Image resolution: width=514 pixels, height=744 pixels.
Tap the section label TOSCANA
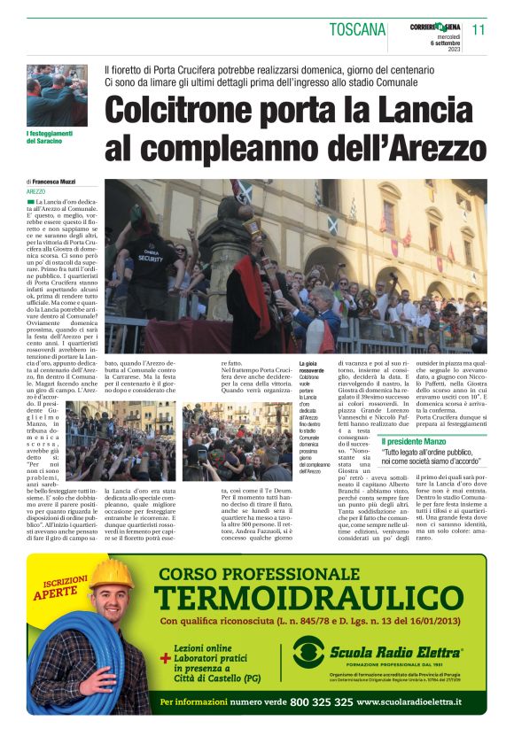click(x=357, y=29)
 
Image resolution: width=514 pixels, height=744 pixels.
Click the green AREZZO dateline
click(x=35, y=191)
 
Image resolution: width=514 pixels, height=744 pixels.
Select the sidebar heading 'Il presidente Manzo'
click(x=413, y=441)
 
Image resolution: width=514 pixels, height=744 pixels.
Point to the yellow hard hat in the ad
click(x=110, y=576)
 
